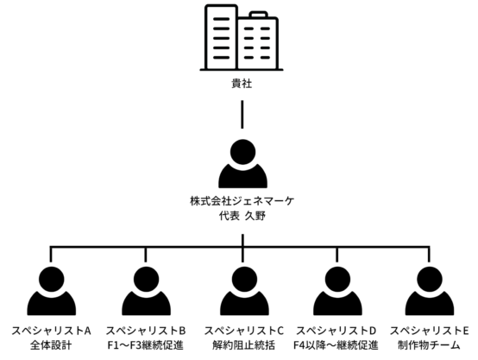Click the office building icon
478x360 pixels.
(242, 37)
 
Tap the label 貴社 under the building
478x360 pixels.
(242, 83)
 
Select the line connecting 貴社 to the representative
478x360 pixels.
(242, 115)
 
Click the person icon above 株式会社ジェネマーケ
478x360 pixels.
(243, 163)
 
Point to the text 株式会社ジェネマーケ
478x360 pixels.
(242, 201)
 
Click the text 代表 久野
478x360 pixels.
(242, 216)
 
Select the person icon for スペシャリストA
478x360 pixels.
(52, 291)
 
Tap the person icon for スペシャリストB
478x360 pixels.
(146, 291)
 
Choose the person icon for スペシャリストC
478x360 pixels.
(244, 291)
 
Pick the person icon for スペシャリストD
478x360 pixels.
(337, 291)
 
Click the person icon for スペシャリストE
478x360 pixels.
(430, 291)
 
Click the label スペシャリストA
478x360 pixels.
(51, 331)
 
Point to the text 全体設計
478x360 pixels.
(51, 345)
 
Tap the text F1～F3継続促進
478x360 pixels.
(146, 345)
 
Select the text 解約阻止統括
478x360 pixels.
(243, 345)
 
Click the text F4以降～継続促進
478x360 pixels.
(336, 345)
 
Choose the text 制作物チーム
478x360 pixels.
(429, 345)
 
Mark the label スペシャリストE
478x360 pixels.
(429, 331)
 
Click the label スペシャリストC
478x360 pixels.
(244, 331)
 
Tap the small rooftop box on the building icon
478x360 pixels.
(259, 15)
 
